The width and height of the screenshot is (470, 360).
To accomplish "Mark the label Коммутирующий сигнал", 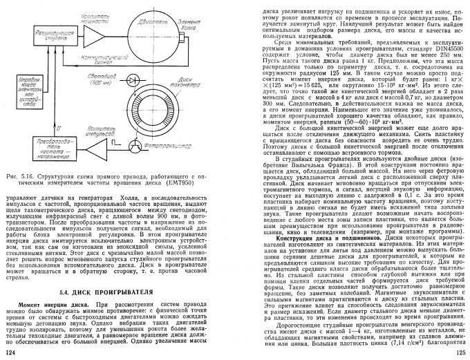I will [x=118, y=56].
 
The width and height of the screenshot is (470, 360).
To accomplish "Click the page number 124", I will [x=10, y=354].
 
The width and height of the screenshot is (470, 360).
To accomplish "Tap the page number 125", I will [x=460, y=354].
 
